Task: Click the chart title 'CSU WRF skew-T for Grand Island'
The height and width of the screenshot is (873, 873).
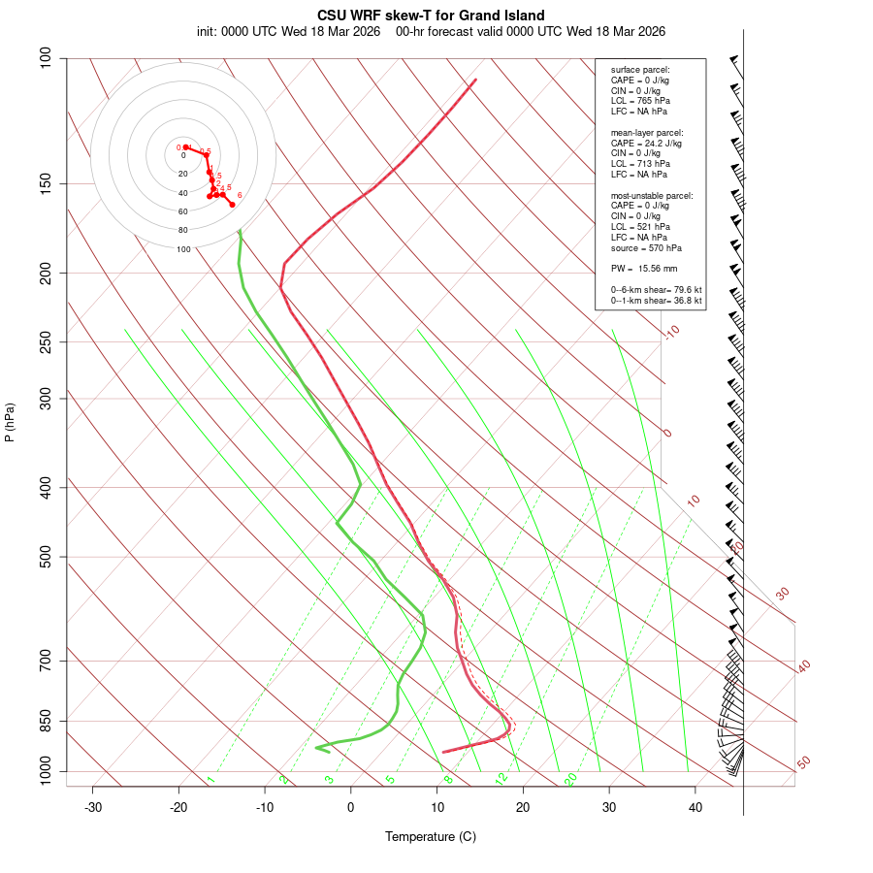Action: click(x=431, y=16)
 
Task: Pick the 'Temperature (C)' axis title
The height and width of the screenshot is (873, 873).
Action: click(x=431, y=836)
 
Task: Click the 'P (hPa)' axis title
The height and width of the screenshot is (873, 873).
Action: click(x=10, y=423)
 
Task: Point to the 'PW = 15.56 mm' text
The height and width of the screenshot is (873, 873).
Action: click(x=644, y=268)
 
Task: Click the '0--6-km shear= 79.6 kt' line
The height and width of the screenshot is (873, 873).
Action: click(x=656, y=289)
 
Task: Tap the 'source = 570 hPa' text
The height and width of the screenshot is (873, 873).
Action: click(x=641, y=247)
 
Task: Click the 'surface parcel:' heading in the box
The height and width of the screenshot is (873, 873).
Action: click(x=640, y=70)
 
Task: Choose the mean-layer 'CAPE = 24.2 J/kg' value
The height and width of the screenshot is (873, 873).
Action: click(x=646, y=143)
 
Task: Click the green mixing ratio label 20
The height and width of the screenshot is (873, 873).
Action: click(x=570, y=778)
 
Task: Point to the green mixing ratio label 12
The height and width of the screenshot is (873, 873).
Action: click(x=501, y=778)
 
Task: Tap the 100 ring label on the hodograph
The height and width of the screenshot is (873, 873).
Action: click(x=183, y=249)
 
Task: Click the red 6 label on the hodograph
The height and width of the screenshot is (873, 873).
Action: click(x=240, y=195)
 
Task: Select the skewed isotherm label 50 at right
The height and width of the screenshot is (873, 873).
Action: click(x=803, y=763)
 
